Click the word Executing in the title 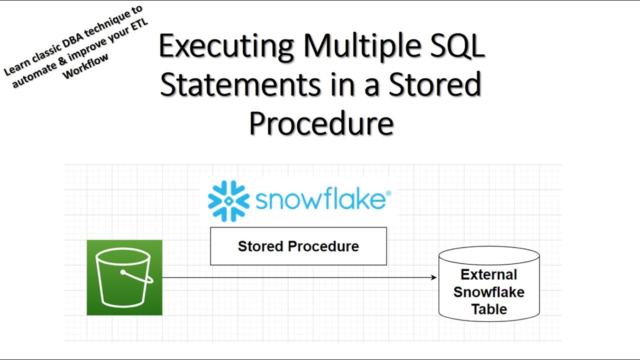(226, 47)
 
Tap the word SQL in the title (457, 45)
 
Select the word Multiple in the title (362, 47)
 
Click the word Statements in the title (240, 84)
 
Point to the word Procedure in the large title (321, 123)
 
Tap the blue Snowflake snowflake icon (228, 201)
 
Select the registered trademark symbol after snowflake (388, 193)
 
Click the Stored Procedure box (298, 246)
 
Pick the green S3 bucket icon (124, 277)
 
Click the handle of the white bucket (136, 276)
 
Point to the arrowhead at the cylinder (433, 277)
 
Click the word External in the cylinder (489, 274)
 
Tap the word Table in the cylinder (489, 309)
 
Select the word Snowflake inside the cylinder (489, 292)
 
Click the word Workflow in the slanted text (85, 66)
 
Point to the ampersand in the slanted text (63, 59)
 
